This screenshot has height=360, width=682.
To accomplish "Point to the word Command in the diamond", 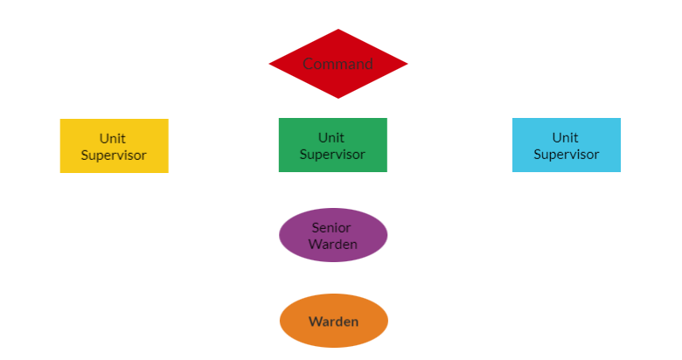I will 338,64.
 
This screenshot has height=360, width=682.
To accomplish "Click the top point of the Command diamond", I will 338,31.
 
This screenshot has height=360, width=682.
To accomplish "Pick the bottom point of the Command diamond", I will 338,96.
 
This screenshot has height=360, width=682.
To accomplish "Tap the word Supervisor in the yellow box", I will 114,156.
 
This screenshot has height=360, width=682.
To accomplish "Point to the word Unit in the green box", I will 331,137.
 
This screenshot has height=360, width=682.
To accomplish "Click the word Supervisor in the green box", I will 332,155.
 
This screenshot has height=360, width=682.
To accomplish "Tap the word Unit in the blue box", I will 566,137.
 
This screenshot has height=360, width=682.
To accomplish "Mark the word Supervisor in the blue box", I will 567,155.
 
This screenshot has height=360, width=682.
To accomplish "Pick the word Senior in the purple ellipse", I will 331,227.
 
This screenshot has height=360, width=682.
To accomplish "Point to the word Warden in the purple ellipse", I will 333,244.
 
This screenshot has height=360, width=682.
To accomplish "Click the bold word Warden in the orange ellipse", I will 333,322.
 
